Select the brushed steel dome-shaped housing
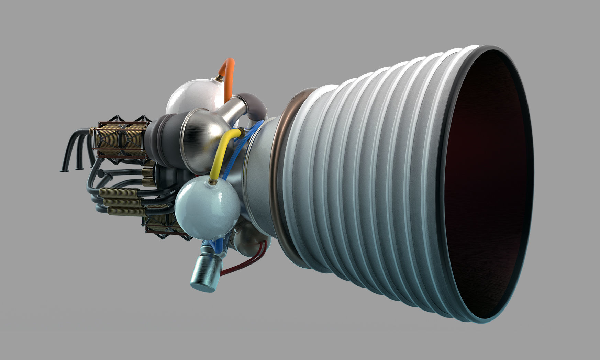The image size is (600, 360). click(199, 137)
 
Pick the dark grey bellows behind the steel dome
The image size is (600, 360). click(165, 136)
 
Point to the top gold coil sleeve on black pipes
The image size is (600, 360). click(120, 192)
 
